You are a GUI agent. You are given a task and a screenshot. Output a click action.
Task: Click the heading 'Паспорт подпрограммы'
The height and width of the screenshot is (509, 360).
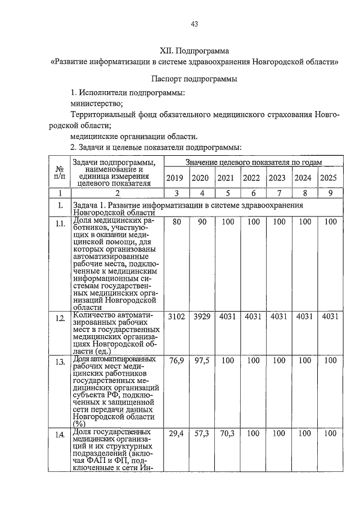[x=194, y=79]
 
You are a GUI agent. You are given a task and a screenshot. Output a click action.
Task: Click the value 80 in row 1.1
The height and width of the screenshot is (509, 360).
[x=177, y=222]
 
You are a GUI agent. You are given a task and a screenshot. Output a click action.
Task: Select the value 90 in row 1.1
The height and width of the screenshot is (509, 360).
[x=200, y=222]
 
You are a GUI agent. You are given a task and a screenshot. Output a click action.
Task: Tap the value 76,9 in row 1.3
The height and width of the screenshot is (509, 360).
[x=177, y=360]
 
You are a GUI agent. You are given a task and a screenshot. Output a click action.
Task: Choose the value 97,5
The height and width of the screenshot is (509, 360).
[x=201, y=360]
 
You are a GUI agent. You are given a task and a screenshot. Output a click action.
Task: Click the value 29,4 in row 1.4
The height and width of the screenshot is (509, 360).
[x=177, y=434]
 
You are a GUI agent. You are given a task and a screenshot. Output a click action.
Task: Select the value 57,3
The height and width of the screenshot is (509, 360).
[x=201, y=434]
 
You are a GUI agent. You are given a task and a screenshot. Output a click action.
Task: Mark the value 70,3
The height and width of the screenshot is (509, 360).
[x=226, y=434]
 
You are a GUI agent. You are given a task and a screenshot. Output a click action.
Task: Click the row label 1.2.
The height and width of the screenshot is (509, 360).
[x=59, y=318]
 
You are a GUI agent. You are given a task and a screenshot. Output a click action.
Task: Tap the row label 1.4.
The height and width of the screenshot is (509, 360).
[x=59, y=435]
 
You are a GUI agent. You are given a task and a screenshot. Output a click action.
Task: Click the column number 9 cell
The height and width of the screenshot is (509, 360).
[x=330, y=193]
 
